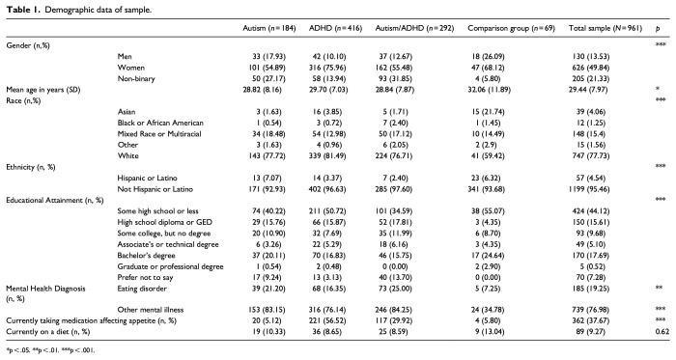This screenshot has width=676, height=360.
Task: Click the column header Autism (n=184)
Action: click(269, 28)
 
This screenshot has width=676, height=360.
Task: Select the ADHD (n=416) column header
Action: click(335, 28)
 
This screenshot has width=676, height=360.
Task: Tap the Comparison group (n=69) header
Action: click(511, 28)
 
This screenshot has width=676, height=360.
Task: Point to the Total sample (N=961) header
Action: click(606, 28)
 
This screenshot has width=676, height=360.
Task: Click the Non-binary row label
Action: click(136, 79)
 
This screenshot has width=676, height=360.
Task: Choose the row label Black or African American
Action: click(160, 123)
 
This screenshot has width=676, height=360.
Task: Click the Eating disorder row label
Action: click(142, 289)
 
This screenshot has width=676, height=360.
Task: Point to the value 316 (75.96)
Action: click(329, 68)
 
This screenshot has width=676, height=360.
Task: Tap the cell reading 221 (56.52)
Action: click(329, 320)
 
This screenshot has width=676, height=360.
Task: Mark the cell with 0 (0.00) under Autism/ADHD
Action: click(396, 266)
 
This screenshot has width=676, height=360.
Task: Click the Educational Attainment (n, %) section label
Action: click(55, 200)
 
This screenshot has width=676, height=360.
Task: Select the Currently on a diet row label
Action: click(48, 332)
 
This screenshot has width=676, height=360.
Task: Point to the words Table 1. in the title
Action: click(23, 10)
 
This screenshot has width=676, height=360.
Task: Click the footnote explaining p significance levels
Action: click(50, 350)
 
